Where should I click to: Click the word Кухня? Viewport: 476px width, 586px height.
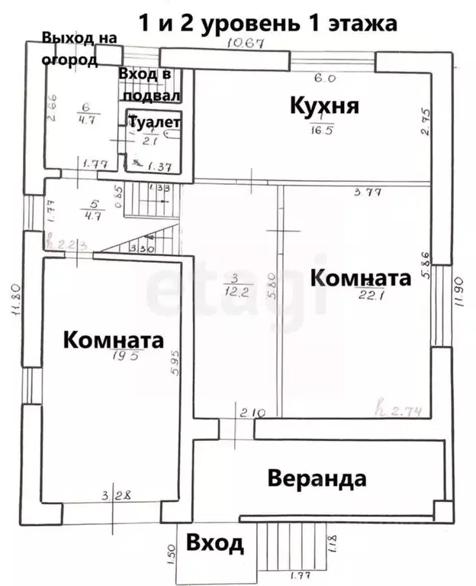324,105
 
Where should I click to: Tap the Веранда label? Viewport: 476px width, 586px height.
317,479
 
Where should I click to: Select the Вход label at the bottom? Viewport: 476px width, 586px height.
215,544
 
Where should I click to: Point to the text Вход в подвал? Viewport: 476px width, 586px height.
149,84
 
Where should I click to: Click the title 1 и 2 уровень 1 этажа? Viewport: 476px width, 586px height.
266,22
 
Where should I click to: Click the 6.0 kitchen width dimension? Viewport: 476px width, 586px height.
326,77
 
